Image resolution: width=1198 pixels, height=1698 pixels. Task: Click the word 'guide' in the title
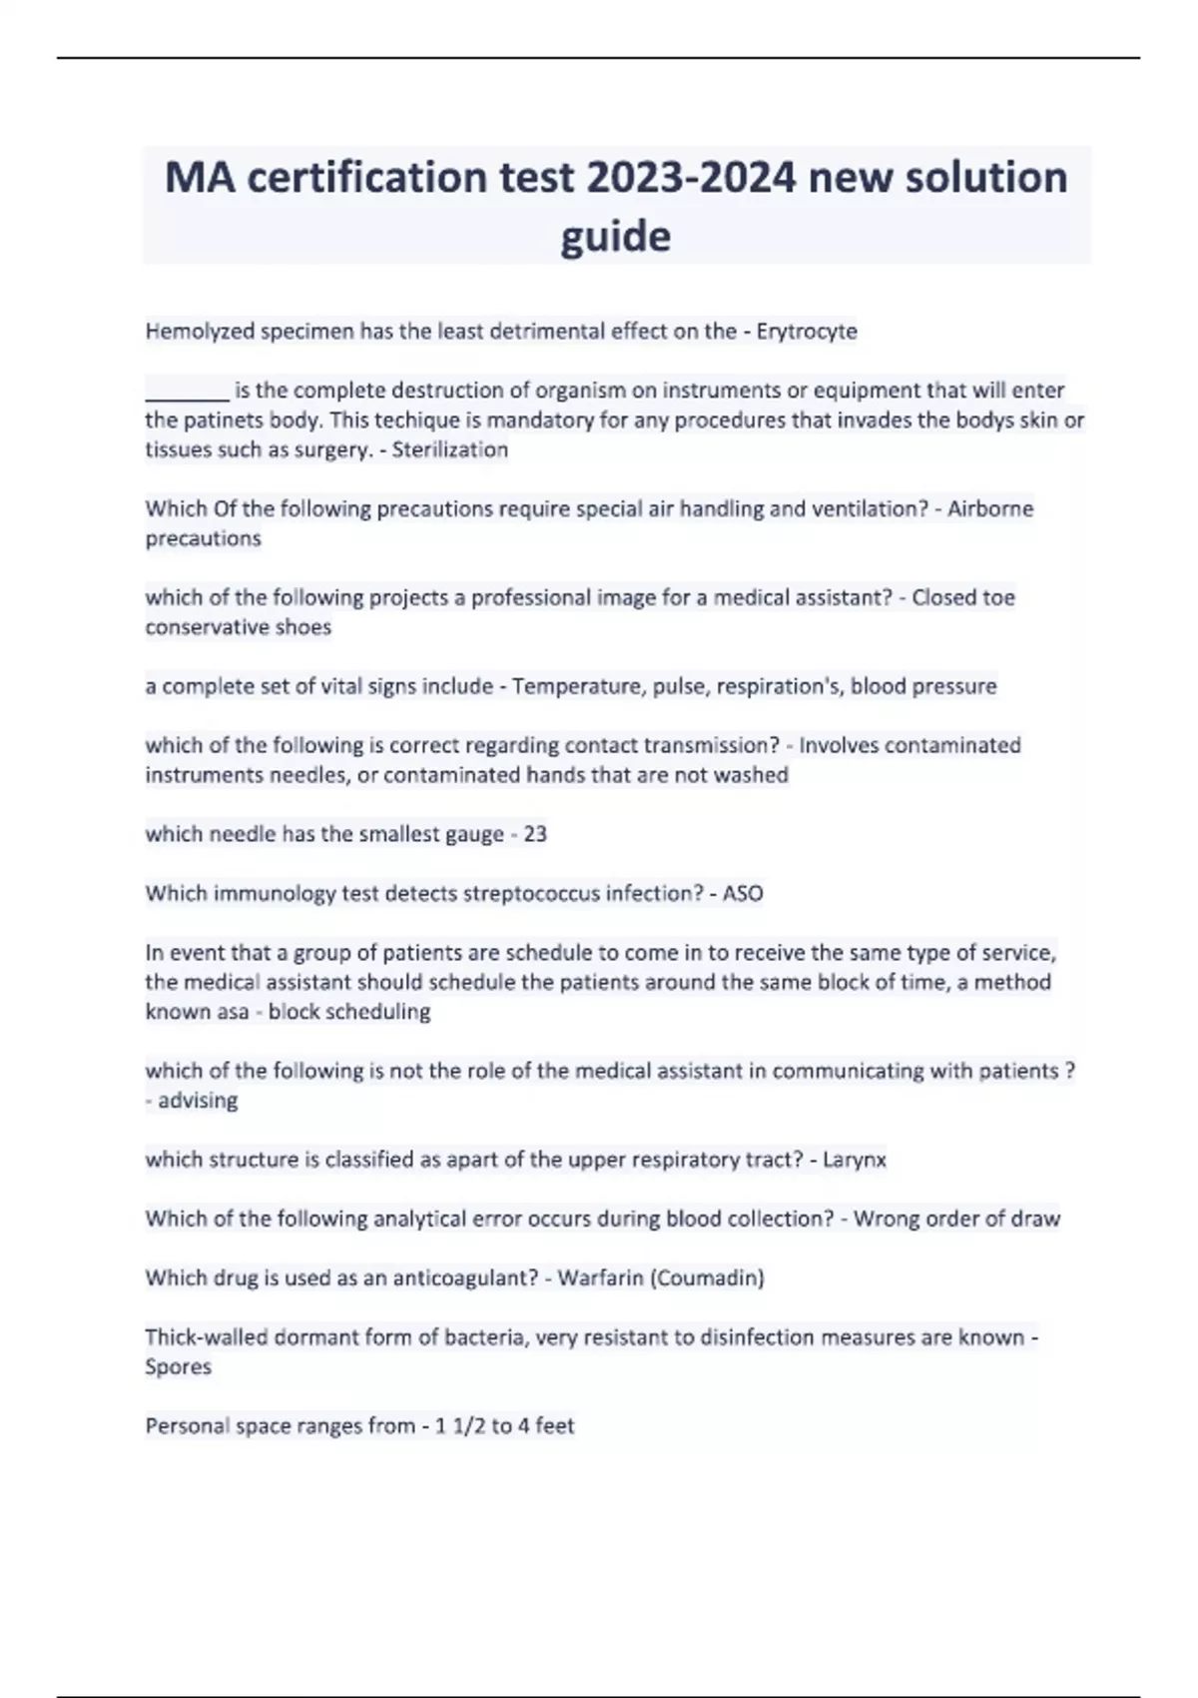coord(615,237)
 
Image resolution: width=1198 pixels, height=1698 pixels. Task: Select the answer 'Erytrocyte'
coord(807,331)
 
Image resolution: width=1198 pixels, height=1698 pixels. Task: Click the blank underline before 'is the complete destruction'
coord(187,392)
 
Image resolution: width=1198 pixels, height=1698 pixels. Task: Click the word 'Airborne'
coord(990,508)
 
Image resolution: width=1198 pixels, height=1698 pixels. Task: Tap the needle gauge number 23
coord(535,834)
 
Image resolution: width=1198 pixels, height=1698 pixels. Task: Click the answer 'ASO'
coord(743,893)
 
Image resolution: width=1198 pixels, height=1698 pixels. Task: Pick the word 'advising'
coord(198,1101)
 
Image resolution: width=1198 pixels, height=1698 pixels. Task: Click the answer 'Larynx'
coord(855,1160)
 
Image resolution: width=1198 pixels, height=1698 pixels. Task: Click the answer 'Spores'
coord(178,1366)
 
